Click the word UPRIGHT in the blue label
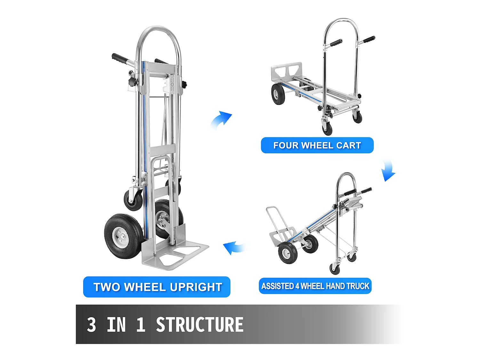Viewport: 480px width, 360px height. pos(196,287)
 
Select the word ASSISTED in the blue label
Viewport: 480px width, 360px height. pos(277,286)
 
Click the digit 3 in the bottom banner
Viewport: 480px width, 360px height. pos(92,325)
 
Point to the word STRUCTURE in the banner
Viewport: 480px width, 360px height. pos(200,325)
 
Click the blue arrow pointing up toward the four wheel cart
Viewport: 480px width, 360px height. pos(221,120)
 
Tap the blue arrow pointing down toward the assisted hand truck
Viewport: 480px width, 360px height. pos(388,170)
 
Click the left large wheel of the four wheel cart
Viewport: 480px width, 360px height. pos(278,94)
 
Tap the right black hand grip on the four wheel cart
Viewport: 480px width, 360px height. pos(369,40)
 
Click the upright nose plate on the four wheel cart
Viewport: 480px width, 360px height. pos(286,72)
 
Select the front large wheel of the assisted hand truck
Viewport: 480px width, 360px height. pos(288,253)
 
